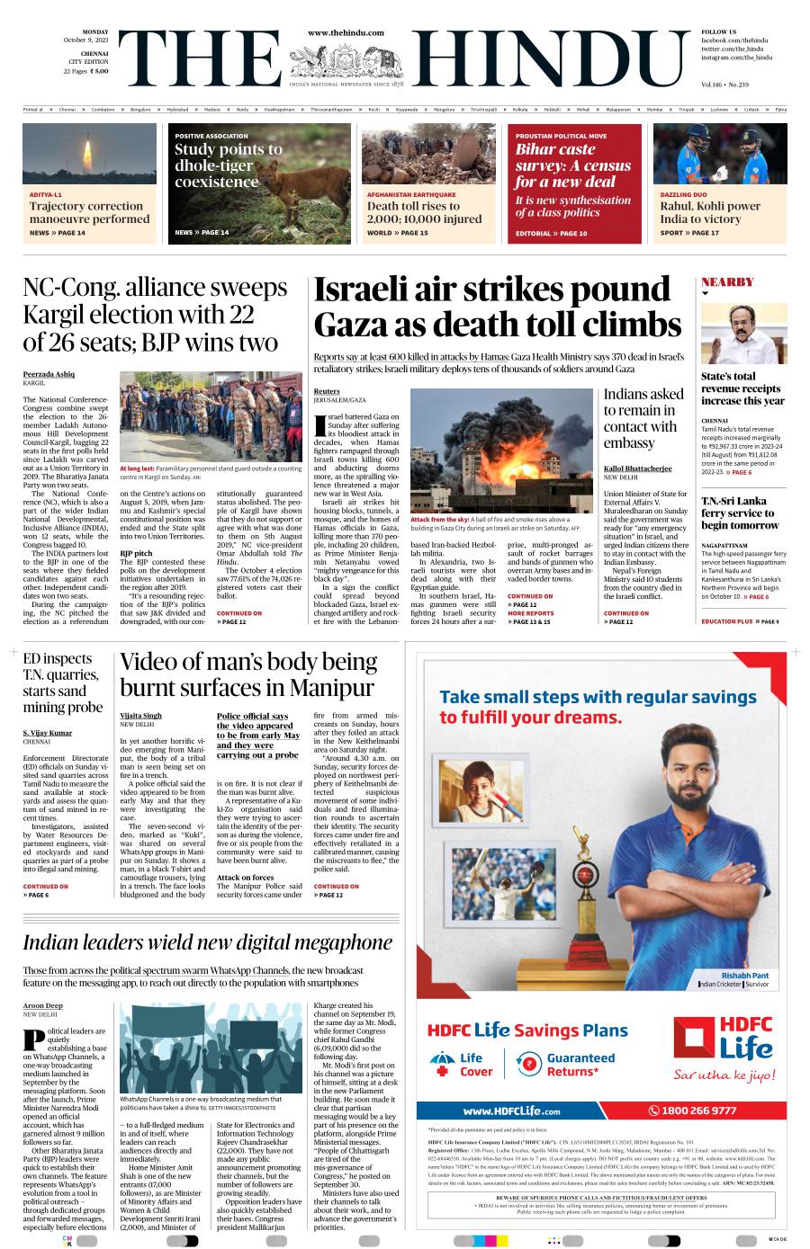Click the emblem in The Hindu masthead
(x=346, y=62)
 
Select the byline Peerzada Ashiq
(x=49, y=374)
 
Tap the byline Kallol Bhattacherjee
(x=637, y=468)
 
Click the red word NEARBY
(x=727, y=282)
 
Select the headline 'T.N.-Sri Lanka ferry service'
(x=740, y=513)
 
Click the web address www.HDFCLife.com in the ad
(x=511, y=1111)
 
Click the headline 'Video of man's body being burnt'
(x=247, y=675)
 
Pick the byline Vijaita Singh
(x=140, y=716)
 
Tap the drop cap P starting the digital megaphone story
(x=33, y=1039)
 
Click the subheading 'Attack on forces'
(x=245, y=878)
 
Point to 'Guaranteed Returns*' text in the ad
(x=580, y=1065)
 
